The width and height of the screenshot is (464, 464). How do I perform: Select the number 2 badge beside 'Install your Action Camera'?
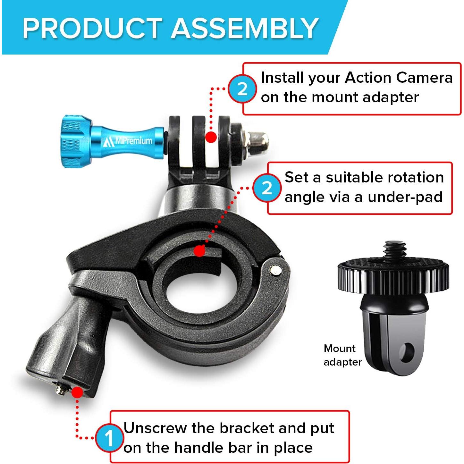(x=242, y=89)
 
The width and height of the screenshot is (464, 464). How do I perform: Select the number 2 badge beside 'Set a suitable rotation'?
(x=266, y=188)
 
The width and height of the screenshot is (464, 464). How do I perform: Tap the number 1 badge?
(x=109, y=438)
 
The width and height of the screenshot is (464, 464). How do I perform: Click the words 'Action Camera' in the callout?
(x=399, y=78)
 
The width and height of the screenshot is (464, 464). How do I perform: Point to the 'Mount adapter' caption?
(x=342, y=355)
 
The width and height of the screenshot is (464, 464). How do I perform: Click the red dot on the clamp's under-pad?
(x=199, y=251)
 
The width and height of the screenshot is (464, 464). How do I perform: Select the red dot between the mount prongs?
(x=211, y=137)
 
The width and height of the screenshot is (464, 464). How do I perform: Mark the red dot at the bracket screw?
(x=77, y=392)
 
